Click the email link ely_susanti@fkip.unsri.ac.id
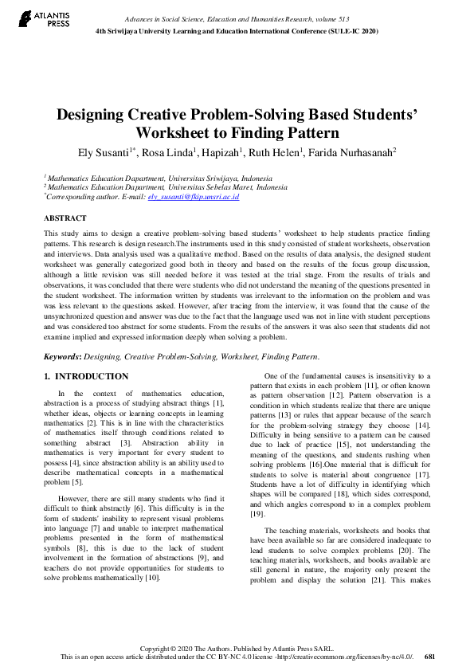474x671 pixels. click(x=194, y=196)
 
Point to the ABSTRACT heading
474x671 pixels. click(x=65, y=218)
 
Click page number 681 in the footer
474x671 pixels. click(x=429, y=657)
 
